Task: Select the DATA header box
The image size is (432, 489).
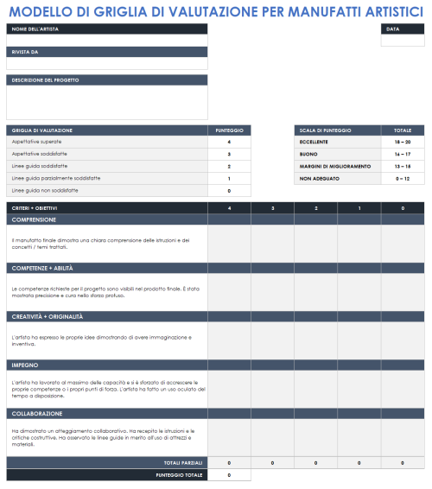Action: (393, 29)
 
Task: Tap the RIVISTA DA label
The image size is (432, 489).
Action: (24, 52)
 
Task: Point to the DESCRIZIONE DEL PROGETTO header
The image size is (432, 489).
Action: (46, 79)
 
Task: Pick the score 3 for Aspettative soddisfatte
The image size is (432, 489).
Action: (229, 153)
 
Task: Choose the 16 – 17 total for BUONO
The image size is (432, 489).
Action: (403, 153)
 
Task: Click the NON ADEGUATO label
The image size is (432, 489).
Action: (320, 178)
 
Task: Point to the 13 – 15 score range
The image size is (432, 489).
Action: (403, 166)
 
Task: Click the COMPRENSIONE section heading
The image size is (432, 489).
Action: (35, 219)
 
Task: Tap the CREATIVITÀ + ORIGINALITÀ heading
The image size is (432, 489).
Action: (48, 316)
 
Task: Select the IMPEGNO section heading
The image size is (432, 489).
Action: (26, 365)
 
